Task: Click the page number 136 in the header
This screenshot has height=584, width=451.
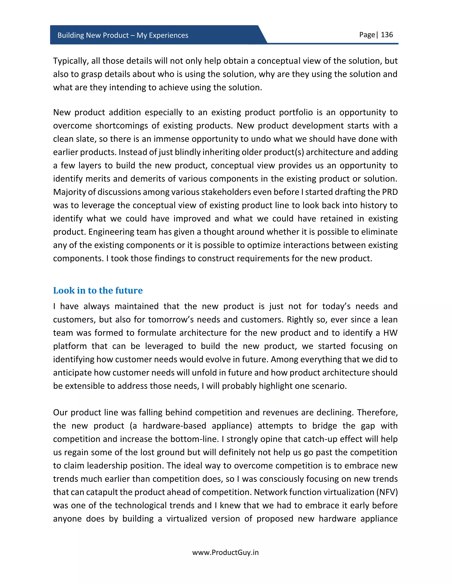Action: [387, 35]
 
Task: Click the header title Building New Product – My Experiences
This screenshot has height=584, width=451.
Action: [123, 35]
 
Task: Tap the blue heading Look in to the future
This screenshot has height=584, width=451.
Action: [98, 290]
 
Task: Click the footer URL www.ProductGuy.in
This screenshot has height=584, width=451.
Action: [225, 552]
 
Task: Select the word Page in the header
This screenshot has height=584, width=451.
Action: [367, 35]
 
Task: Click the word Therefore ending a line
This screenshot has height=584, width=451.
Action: [377, 413]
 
